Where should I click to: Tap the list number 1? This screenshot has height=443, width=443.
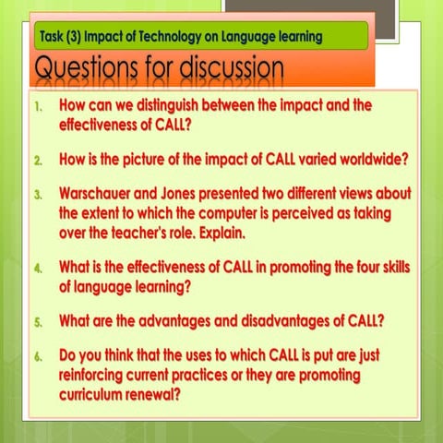coord(37,107)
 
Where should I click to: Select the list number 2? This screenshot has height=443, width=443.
coord(38,160)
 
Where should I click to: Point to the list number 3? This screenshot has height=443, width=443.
coord(38,197)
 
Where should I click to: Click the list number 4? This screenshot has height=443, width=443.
coord(38,269)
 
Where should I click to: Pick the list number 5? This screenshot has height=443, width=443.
coord(38,323)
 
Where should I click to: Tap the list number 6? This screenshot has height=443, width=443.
coord(38,355)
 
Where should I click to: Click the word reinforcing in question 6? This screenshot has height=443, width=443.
coord(100,376)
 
